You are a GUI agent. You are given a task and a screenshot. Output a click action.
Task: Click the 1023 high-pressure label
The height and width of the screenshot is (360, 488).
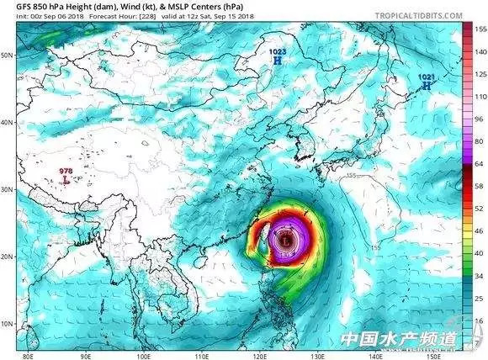(277, 53)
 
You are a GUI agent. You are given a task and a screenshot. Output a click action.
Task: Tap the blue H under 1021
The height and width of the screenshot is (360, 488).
(427, 85)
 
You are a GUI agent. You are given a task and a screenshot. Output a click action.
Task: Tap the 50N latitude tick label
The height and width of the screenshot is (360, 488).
(8, 56)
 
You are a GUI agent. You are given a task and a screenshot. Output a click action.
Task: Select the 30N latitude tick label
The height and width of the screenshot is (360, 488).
(8, 190)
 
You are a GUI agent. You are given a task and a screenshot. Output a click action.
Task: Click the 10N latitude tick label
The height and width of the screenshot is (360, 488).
(8, 324)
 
